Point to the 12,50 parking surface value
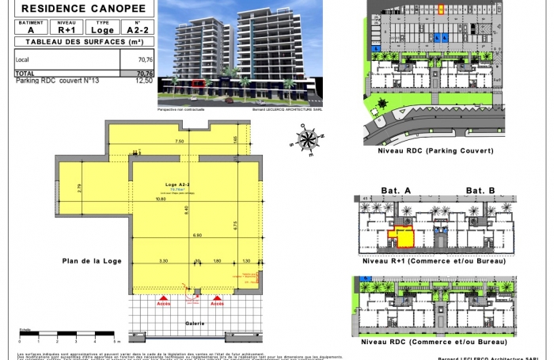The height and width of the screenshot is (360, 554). point(144,80)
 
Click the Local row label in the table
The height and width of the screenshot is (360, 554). point(22,59)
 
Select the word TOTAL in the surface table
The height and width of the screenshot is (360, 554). point(25,73)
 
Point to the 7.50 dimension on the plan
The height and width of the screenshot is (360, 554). point(180,141)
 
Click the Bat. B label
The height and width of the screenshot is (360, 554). point(480,191)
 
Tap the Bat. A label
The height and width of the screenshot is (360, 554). point(397,191)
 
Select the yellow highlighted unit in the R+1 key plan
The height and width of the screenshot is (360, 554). point(404,235)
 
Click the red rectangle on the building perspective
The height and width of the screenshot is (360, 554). point(198,81)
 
